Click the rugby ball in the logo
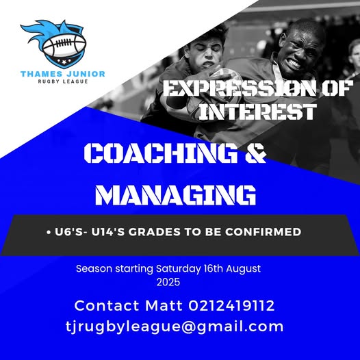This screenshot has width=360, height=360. click(64, 45)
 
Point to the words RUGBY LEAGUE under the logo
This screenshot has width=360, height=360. click(63, 81)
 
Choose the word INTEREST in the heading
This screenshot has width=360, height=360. click(257, 112)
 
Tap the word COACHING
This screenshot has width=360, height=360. click(161, 153)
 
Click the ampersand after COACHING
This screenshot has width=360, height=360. click(255, 153)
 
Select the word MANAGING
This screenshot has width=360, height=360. click(176, 195)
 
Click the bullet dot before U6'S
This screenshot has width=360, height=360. click(48, 233)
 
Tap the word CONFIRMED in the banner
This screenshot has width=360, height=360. click(263, 231)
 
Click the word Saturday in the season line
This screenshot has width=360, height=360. click(179, 269)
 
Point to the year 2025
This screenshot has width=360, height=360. click(168, 282)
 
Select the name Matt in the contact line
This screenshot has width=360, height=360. click(164, 305)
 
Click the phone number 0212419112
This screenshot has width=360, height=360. click(231, 305)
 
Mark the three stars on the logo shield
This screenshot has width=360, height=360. click(64, 62)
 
